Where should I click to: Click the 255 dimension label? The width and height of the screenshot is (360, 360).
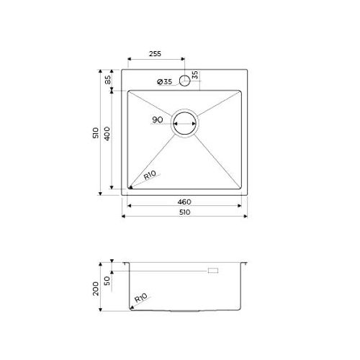coord(155,54)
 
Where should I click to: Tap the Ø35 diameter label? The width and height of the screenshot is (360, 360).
coord(165,82)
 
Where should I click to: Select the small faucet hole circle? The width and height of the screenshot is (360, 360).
coord(185,81)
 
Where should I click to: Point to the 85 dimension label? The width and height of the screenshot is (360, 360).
coord(108,80)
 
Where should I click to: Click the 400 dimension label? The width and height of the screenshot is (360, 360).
coord(107,134)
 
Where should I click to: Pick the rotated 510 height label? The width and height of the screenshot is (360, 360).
coord(96,132)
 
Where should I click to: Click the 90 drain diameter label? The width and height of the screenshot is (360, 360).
coord(158,120)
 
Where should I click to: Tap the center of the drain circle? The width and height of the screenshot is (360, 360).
coord(184,123)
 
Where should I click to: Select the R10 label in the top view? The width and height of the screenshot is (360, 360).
coord(150,175)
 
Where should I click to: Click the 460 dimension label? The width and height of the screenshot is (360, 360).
coord(184,202)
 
